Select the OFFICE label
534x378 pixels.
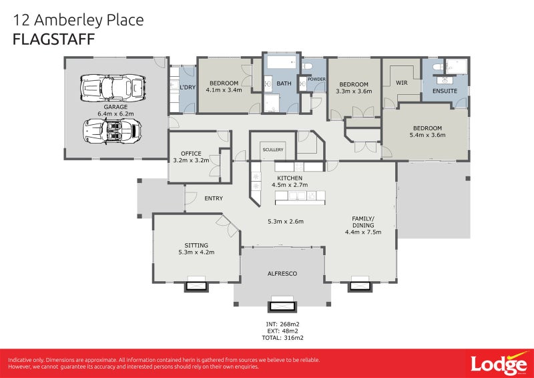pyautogui.click(x=191, y=154)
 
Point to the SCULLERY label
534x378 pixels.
pyautogui.click(x=273, y=150)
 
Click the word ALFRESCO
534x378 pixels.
pyautogui.click(x=282, y=274)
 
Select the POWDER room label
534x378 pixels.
pyautogui.click(x=316, y=79)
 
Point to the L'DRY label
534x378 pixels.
pyautogui.click(x=187, y=87)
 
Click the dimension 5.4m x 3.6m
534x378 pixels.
pyautogui.click(x=428, y=135)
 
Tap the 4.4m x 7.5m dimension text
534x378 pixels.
pyautogui.click(x=363, y=232)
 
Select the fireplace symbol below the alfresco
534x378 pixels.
pyautogui.click(x=282, y=307)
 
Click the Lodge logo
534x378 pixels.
pyautogui.click(x=497, y=363)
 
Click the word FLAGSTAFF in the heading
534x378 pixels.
pyautogui.click(x=53, y=39)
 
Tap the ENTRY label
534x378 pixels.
pyautogui.click(x=214, y=198)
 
